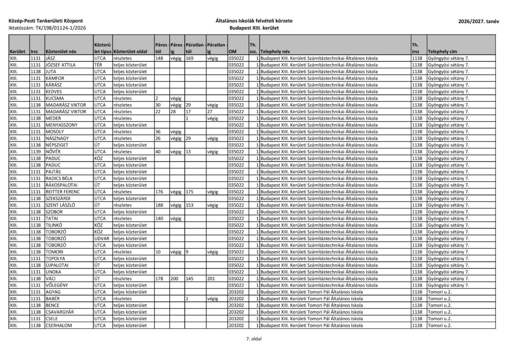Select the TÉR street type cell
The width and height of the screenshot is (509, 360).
tap(98, 65)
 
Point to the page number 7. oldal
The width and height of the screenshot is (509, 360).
tap(254, 339)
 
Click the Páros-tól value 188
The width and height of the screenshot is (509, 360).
tap(160, 205)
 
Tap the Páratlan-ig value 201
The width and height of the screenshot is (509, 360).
tap(211, 278)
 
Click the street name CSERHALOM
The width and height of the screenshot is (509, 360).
tap(60, 325)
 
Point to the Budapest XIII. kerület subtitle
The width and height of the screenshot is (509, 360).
tap(254, 28)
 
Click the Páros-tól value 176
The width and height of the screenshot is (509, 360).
tap(160, 192)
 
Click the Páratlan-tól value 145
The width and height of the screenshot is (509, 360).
tap(189, 278)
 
